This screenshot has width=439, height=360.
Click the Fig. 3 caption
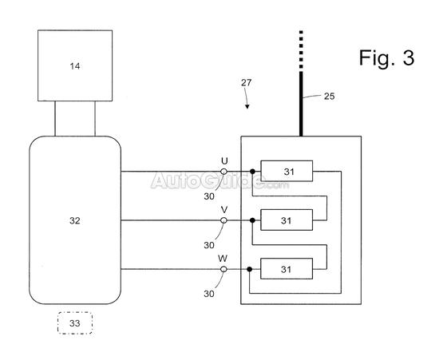(386, 58)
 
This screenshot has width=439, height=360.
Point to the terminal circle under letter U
(223, 172)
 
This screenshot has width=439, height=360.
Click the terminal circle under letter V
(223, 220)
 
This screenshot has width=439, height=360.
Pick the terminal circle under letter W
(223, 269)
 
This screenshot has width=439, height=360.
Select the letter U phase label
(224, 161)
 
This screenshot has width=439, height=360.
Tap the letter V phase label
(224, 210)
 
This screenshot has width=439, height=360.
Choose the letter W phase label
(223, 259)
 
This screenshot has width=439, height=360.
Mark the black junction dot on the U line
(252, 172)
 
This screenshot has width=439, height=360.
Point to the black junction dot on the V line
(252, 220)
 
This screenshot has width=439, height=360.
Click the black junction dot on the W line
(250, 269)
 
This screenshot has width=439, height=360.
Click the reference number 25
(329, 97)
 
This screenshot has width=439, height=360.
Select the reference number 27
(247, 82)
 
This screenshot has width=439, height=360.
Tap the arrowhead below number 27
(247, 106)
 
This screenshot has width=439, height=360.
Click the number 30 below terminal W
(209, 294)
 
